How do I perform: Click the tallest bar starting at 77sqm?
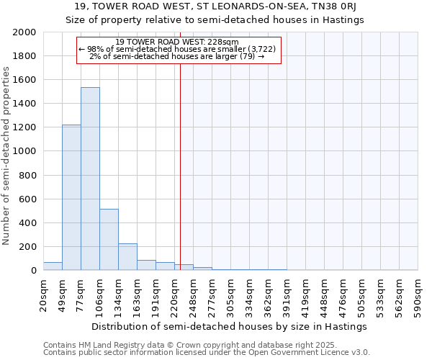point(90,179)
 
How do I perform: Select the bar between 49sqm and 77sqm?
point(71,197)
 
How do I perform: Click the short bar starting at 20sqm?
point(53,266)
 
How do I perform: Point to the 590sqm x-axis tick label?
point(418,295)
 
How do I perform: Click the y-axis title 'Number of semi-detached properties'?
point(7,156)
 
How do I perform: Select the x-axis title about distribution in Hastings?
point(230,326)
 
